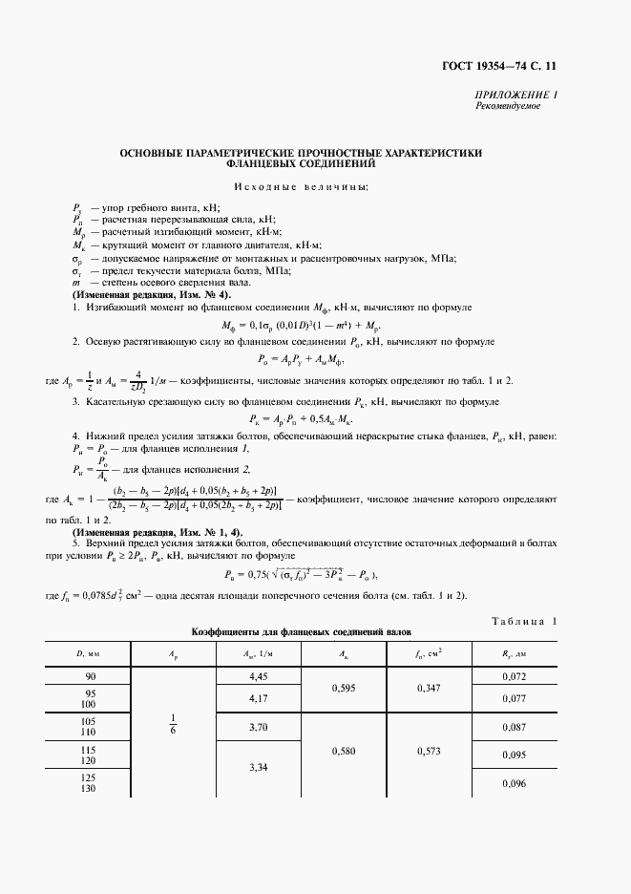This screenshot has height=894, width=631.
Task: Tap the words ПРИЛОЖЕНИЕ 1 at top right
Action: (516, 95)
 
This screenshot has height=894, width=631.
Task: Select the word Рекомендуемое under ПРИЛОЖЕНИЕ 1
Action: (508, 106)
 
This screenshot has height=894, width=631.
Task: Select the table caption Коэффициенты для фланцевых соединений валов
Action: (301, 632)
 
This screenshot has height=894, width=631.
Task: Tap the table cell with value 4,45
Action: (255, 676)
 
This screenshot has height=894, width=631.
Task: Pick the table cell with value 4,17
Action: (255, 698)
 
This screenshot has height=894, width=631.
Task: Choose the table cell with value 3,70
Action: (255, 728)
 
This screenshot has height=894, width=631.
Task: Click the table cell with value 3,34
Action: (255, 767)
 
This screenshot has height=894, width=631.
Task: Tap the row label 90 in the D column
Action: (89, 676)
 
